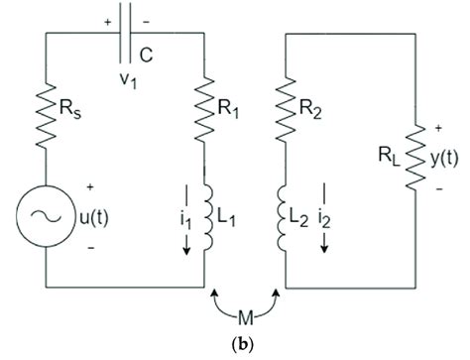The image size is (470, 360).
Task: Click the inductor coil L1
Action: [206, 217]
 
